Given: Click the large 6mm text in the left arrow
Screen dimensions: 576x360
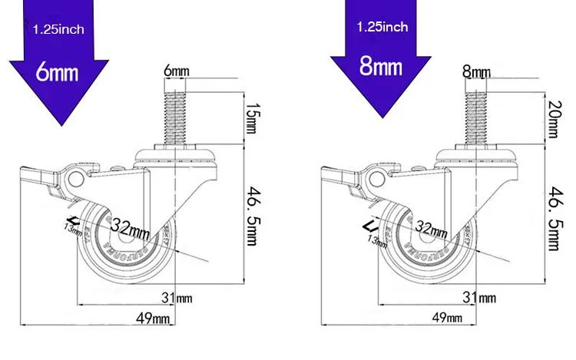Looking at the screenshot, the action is click(x=58, y=72).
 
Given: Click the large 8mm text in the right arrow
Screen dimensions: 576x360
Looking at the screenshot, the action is click(x=381, y=65).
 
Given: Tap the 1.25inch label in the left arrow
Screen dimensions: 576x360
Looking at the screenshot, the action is click(x=58, y=30).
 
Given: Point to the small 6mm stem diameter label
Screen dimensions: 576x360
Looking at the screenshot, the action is click(x=175, y=71).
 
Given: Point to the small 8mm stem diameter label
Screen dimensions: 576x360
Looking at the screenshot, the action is click(x=476, y=72).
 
